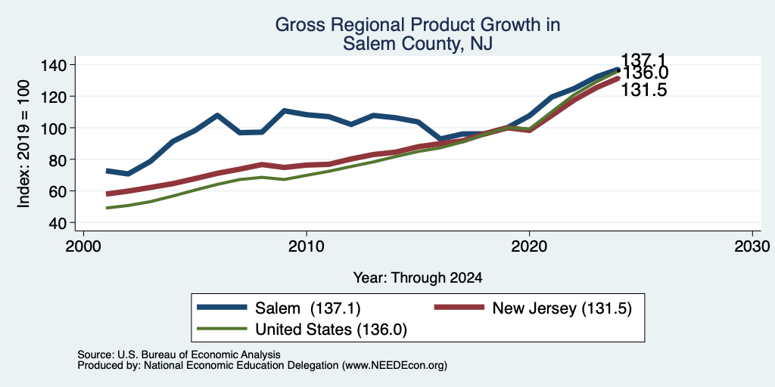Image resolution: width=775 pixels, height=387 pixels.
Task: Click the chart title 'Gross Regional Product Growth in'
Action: pos(418,25)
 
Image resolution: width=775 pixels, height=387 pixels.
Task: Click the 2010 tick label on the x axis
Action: pos(307,246)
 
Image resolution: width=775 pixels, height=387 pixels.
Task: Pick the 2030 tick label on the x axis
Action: pos(752,246)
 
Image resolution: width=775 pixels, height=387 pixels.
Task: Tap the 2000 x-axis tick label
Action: pos(83,246)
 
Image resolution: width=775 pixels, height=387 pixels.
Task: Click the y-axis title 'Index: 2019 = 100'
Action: pos(23,144)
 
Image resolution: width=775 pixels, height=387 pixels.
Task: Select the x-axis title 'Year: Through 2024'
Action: pos(418,278)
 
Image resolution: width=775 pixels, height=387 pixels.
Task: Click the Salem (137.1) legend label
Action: pos(308,308)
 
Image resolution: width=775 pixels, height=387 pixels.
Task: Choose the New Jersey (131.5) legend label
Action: pos(562,308)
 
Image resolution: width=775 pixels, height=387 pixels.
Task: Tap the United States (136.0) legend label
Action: pos(331,330)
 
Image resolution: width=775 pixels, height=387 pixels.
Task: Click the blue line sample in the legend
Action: pos(222,308)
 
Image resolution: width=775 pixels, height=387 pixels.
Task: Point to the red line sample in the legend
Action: pos(459,308)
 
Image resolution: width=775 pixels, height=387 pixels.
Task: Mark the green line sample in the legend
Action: pos(222,328)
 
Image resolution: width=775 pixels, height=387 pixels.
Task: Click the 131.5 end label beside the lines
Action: pos(643,91)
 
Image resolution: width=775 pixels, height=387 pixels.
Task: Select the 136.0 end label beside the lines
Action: pos(645,73)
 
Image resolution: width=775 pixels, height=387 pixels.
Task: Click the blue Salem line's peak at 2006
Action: pos(217,115)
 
